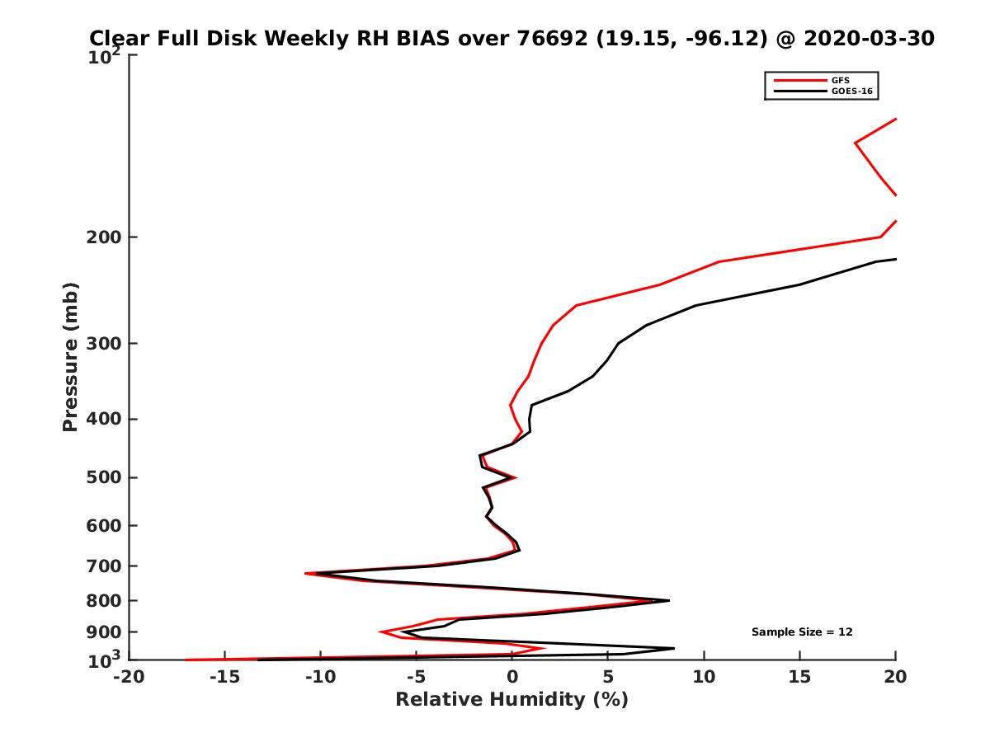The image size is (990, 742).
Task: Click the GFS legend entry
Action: (843, 80)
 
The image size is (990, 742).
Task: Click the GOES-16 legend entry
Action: (851, 92)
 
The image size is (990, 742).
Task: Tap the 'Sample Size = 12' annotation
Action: (802, 632)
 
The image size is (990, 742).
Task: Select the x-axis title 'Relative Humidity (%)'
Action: (511, 700)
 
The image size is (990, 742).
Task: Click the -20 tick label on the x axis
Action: (128, 677)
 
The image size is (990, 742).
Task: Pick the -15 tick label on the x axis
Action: (224, 677)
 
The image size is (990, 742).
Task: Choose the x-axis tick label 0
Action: (511, 677)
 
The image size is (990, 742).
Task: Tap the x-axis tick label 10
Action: (704, 677)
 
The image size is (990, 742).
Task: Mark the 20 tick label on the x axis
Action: (895, 677)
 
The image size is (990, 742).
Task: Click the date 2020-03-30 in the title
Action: (869, 38)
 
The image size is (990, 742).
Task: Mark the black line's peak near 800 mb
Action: (668, 600)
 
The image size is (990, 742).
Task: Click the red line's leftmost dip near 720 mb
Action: (305, 573)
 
